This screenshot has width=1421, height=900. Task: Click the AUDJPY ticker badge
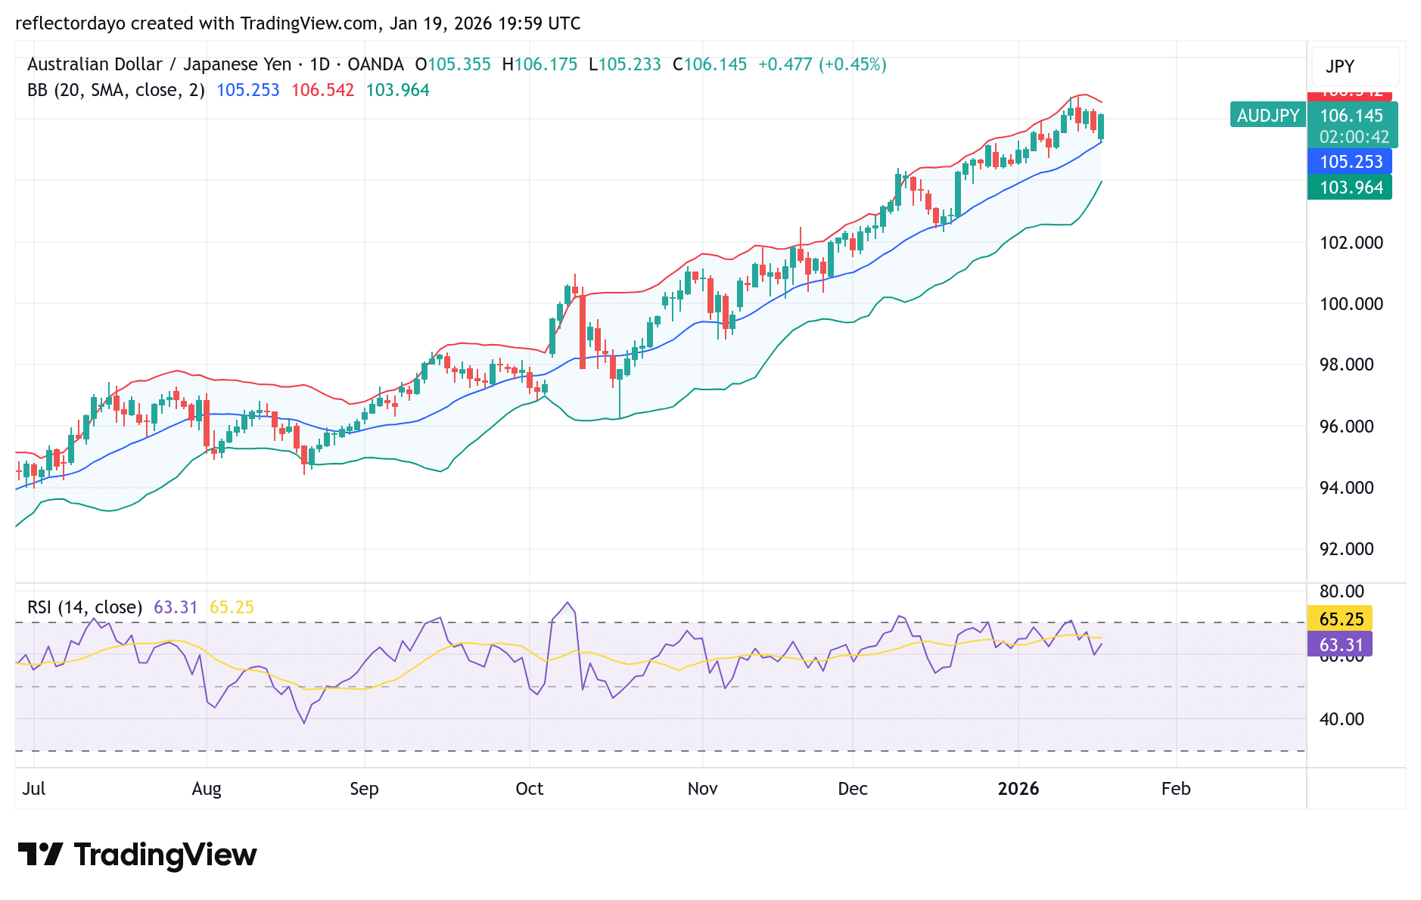click(x=1267, y=116)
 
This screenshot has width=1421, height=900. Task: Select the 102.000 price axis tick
click(x=1351, y=243)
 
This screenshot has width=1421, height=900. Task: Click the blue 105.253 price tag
click(x=1350, y=162)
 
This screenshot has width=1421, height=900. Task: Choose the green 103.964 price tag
click(x=1350, y=188)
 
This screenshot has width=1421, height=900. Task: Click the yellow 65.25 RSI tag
click(x=1340, y=619)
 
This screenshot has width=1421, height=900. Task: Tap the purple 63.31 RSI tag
click(x=1340, y=645)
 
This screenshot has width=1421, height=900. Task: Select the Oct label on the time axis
click(x=529, y=789)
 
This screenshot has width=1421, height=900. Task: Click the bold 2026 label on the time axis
click(x=1018, y=789)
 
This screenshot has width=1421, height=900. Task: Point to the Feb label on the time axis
click(x=1175, y=789)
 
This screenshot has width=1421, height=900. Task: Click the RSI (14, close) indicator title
click(x=85, y=607)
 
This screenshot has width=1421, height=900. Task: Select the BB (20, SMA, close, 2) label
click(x=116, y=91)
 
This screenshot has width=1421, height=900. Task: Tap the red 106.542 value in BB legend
click(x=322, y=91)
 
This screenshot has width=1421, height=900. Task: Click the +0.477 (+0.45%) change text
click(x=822, y=65)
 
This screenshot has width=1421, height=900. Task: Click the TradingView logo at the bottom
click(x=137, y=855)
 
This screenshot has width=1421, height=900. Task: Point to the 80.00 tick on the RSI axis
click(x=1341, y=591)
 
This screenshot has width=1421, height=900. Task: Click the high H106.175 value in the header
click(x=539, y=65)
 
